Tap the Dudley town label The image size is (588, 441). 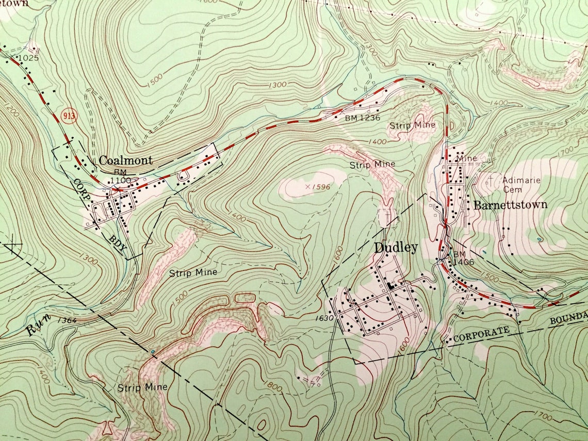coord(396,248)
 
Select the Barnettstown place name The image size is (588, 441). coord(510,205)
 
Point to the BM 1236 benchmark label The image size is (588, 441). coord(363,118)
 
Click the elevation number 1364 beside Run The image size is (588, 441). coord(67,320)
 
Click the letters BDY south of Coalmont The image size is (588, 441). coord(118,243)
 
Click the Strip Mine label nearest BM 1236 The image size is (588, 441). coord(413,125)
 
